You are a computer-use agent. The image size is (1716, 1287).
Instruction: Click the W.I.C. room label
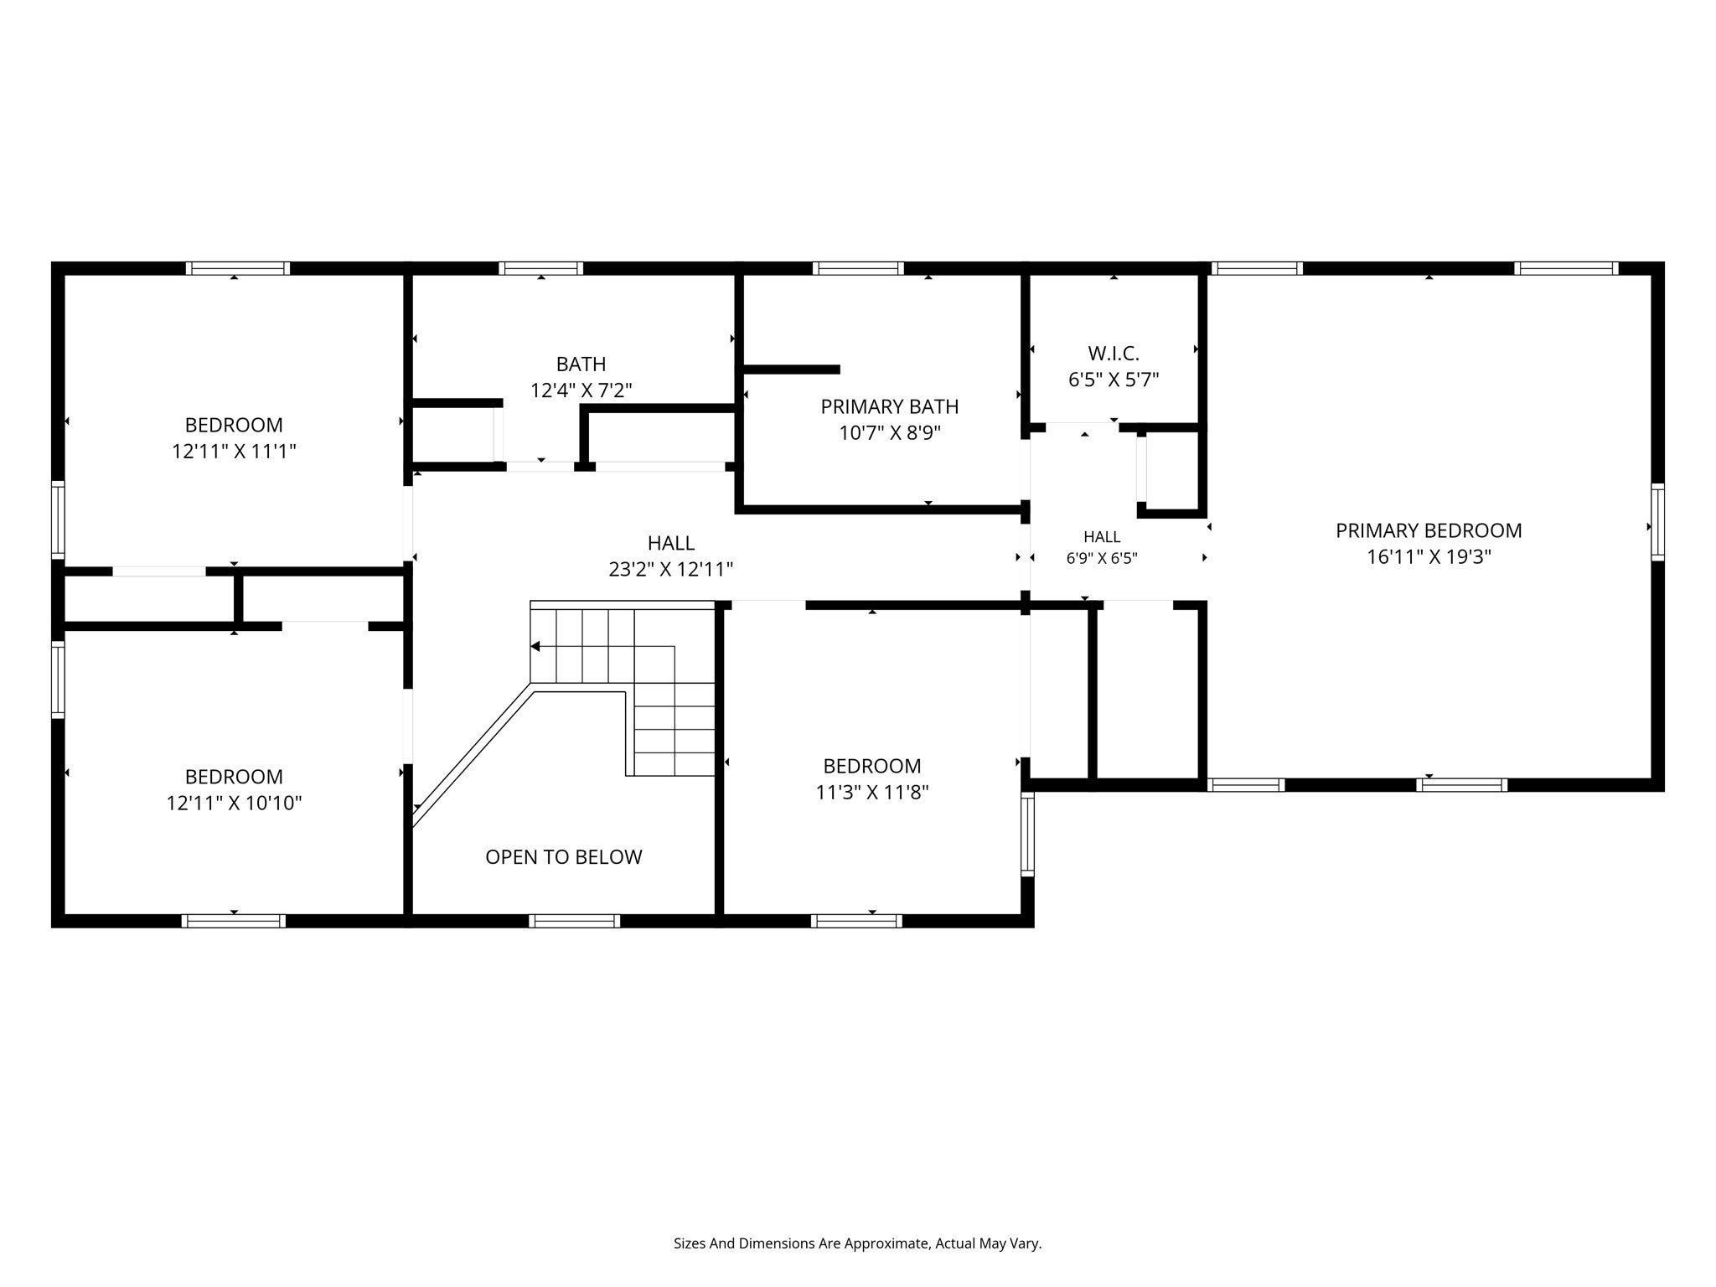[1114, 354]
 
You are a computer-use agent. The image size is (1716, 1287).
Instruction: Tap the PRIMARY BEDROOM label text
[1429, 530]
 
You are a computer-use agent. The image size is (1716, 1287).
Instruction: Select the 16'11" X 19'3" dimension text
[1429, 557]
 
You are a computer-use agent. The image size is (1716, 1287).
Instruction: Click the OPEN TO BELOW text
[564, 857]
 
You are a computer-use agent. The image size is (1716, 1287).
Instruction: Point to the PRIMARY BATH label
[890, 406]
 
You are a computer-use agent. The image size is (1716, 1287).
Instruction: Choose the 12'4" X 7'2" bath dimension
[581, 390]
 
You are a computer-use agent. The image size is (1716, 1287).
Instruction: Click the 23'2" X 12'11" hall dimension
[671, 570]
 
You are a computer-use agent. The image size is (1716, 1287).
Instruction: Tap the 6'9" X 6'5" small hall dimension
[1102, 558]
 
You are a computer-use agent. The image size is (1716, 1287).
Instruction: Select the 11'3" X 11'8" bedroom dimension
[872, 792]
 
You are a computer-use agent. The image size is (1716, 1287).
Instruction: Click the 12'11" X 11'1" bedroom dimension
[235, 452]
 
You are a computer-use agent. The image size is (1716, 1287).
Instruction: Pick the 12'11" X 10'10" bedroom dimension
[234, 803]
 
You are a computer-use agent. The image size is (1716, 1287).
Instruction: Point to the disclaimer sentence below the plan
[857, 1243]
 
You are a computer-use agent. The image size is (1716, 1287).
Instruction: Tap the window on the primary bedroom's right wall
[1657, 522]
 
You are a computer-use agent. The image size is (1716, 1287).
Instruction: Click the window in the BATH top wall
[541, 268]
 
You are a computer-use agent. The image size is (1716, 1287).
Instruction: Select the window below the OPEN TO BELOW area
[575, 921]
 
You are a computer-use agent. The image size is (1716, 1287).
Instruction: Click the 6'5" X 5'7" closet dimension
[1114, 380]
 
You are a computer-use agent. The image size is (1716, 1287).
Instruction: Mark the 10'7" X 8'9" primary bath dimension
[890, 433]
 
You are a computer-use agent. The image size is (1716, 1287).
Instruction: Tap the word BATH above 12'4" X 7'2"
[581, 364]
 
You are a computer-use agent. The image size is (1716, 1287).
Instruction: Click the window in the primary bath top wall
[858, 268]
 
